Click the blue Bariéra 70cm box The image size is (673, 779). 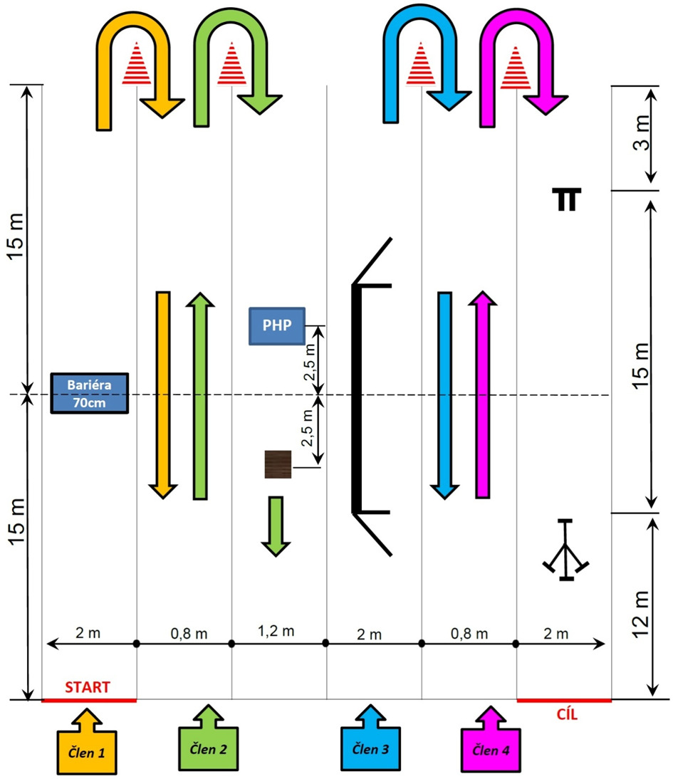[x=90, y=393]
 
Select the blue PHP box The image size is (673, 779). [x=277, y=327]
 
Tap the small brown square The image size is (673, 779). [x=278, y=464]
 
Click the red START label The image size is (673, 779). [x=88, y=688]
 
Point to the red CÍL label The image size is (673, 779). [x=563, y=716]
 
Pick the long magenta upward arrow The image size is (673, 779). [x=482, y=395]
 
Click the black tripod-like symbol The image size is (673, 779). [x=565, y=551]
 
